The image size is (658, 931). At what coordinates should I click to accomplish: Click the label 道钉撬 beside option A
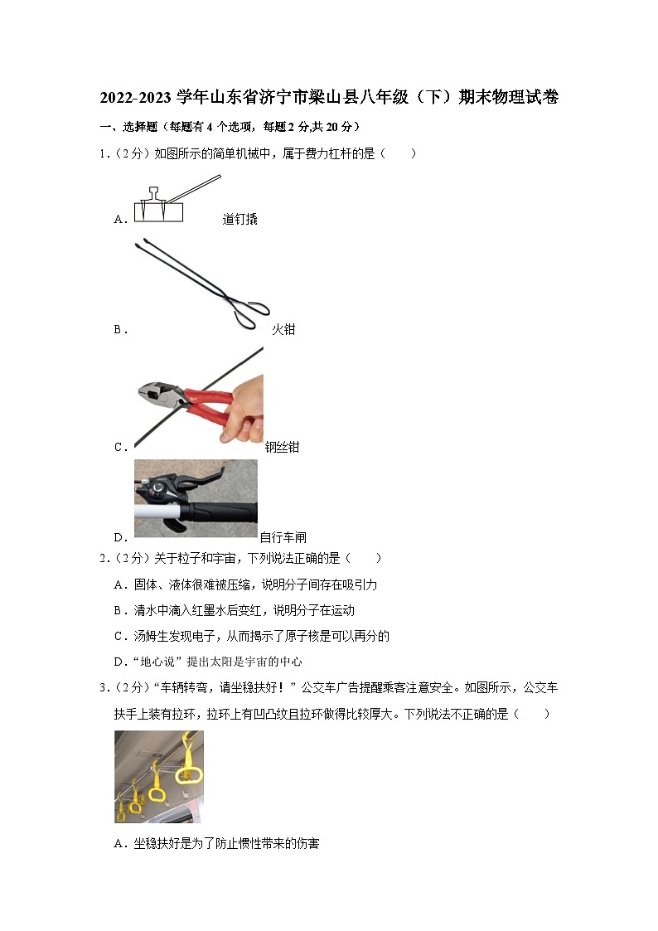[x=239, y=220]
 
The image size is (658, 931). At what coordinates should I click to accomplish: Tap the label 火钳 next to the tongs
[x=283, y=329]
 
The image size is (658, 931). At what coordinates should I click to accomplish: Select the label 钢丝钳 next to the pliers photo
[x=282, y=447]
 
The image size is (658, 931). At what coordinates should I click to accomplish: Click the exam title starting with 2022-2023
[x=329, y=98]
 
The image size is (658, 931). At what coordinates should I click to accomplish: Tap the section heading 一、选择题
[x=133, y=127]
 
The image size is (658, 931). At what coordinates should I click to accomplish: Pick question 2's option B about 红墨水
[x=235, y=610]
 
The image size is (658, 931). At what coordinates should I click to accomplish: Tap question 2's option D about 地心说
[x=208, y=662]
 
